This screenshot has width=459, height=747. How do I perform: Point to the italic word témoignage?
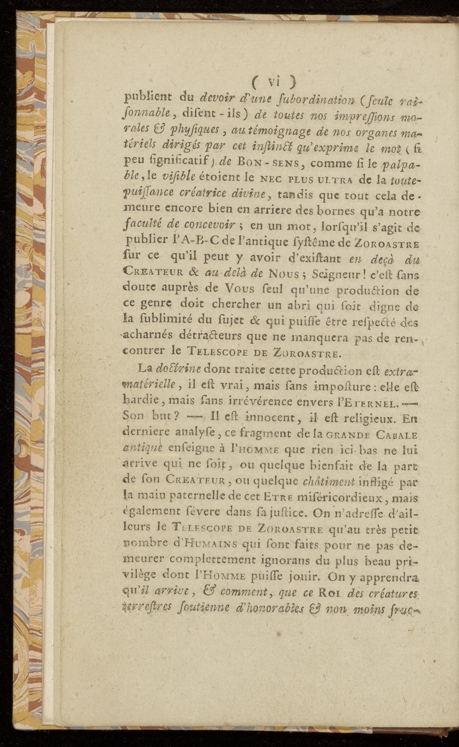pos(275,132)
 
